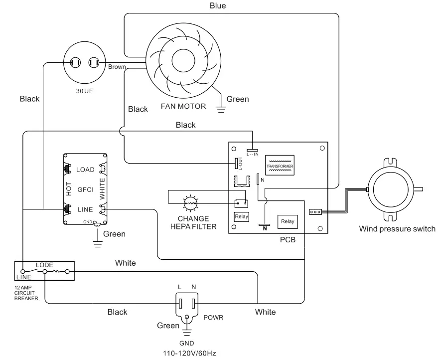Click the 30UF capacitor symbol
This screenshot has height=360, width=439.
pyautogui.click(x=84, y=63)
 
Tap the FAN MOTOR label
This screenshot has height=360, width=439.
pyautogui.click(x=183, y=106)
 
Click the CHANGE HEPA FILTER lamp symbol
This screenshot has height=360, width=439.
pyautogui.click(x=190, y=202)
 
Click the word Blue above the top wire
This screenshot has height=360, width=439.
pyautogui.click(x=217, y=6)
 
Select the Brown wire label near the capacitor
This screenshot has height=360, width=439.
pyautogui.click(x=117, y=67)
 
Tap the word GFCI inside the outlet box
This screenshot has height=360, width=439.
pyautogui.click(x=85, y=189)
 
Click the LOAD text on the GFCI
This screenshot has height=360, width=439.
pyautogui.click(x=85, y=170)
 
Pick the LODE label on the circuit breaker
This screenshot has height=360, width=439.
pyautogui.click(x=44, y=265)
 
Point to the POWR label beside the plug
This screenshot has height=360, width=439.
pyautogui.click(x=213, y=317)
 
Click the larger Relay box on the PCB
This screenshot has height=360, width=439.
pyautogui.click(x=288, y=221)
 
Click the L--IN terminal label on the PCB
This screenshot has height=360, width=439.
pyautogui.click(x=253, y=154)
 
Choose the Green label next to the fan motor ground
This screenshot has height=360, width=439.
pyautogui.click(x=238, y=99)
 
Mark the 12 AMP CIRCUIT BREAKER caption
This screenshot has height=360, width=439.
pyautogui.click(x=26, y=293)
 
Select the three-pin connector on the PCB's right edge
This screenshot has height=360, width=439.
pyautogui.click(x=315, y=212)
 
